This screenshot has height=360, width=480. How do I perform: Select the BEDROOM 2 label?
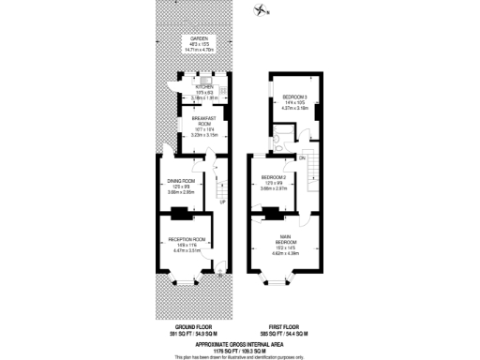pos(273,176)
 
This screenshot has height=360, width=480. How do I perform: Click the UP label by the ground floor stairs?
pos(221,202)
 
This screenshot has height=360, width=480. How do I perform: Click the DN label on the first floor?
pos(303,157)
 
